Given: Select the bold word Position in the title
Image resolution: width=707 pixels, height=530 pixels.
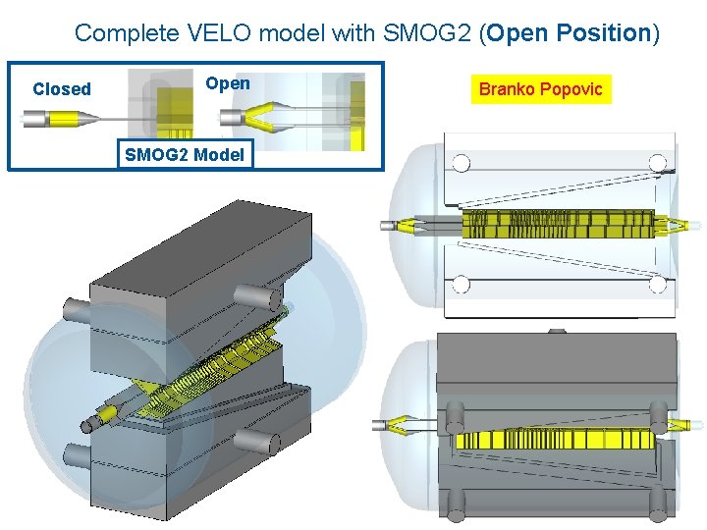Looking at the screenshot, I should pos(599,32).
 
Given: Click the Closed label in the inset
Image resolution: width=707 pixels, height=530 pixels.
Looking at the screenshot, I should pos(61,89).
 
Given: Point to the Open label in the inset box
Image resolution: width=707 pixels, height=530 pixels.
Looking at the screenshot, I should pos(228,83).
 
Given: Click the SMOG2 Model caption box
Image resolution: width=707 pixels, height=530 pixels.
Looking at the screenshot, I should pos(185,154).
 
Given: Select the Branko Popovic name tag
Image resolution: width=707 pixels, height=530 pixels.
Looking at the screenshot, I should pos(541,90).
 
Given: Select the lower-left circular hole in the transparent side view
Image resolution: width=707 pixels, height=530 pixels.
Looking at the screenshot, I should pos(460,285).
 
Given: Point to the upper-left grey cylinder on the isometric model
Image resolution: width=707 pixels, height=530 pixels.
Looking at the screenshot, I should pos(77,309).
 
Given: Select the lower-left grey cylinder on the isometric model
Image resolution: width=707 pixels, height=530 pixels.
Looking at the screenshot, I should pos(77,457).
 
